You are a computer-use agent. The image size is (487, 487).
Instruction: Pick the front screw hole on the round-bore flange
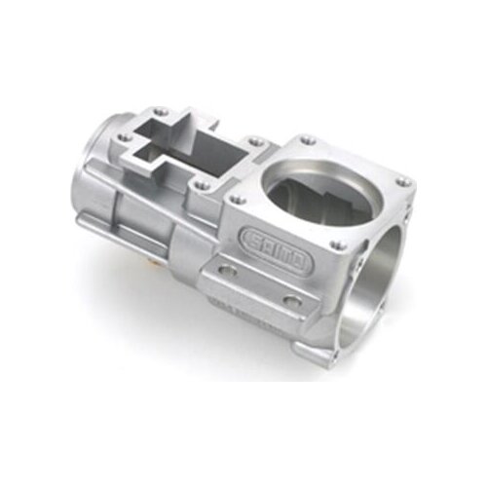click(x=336, y=246)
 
